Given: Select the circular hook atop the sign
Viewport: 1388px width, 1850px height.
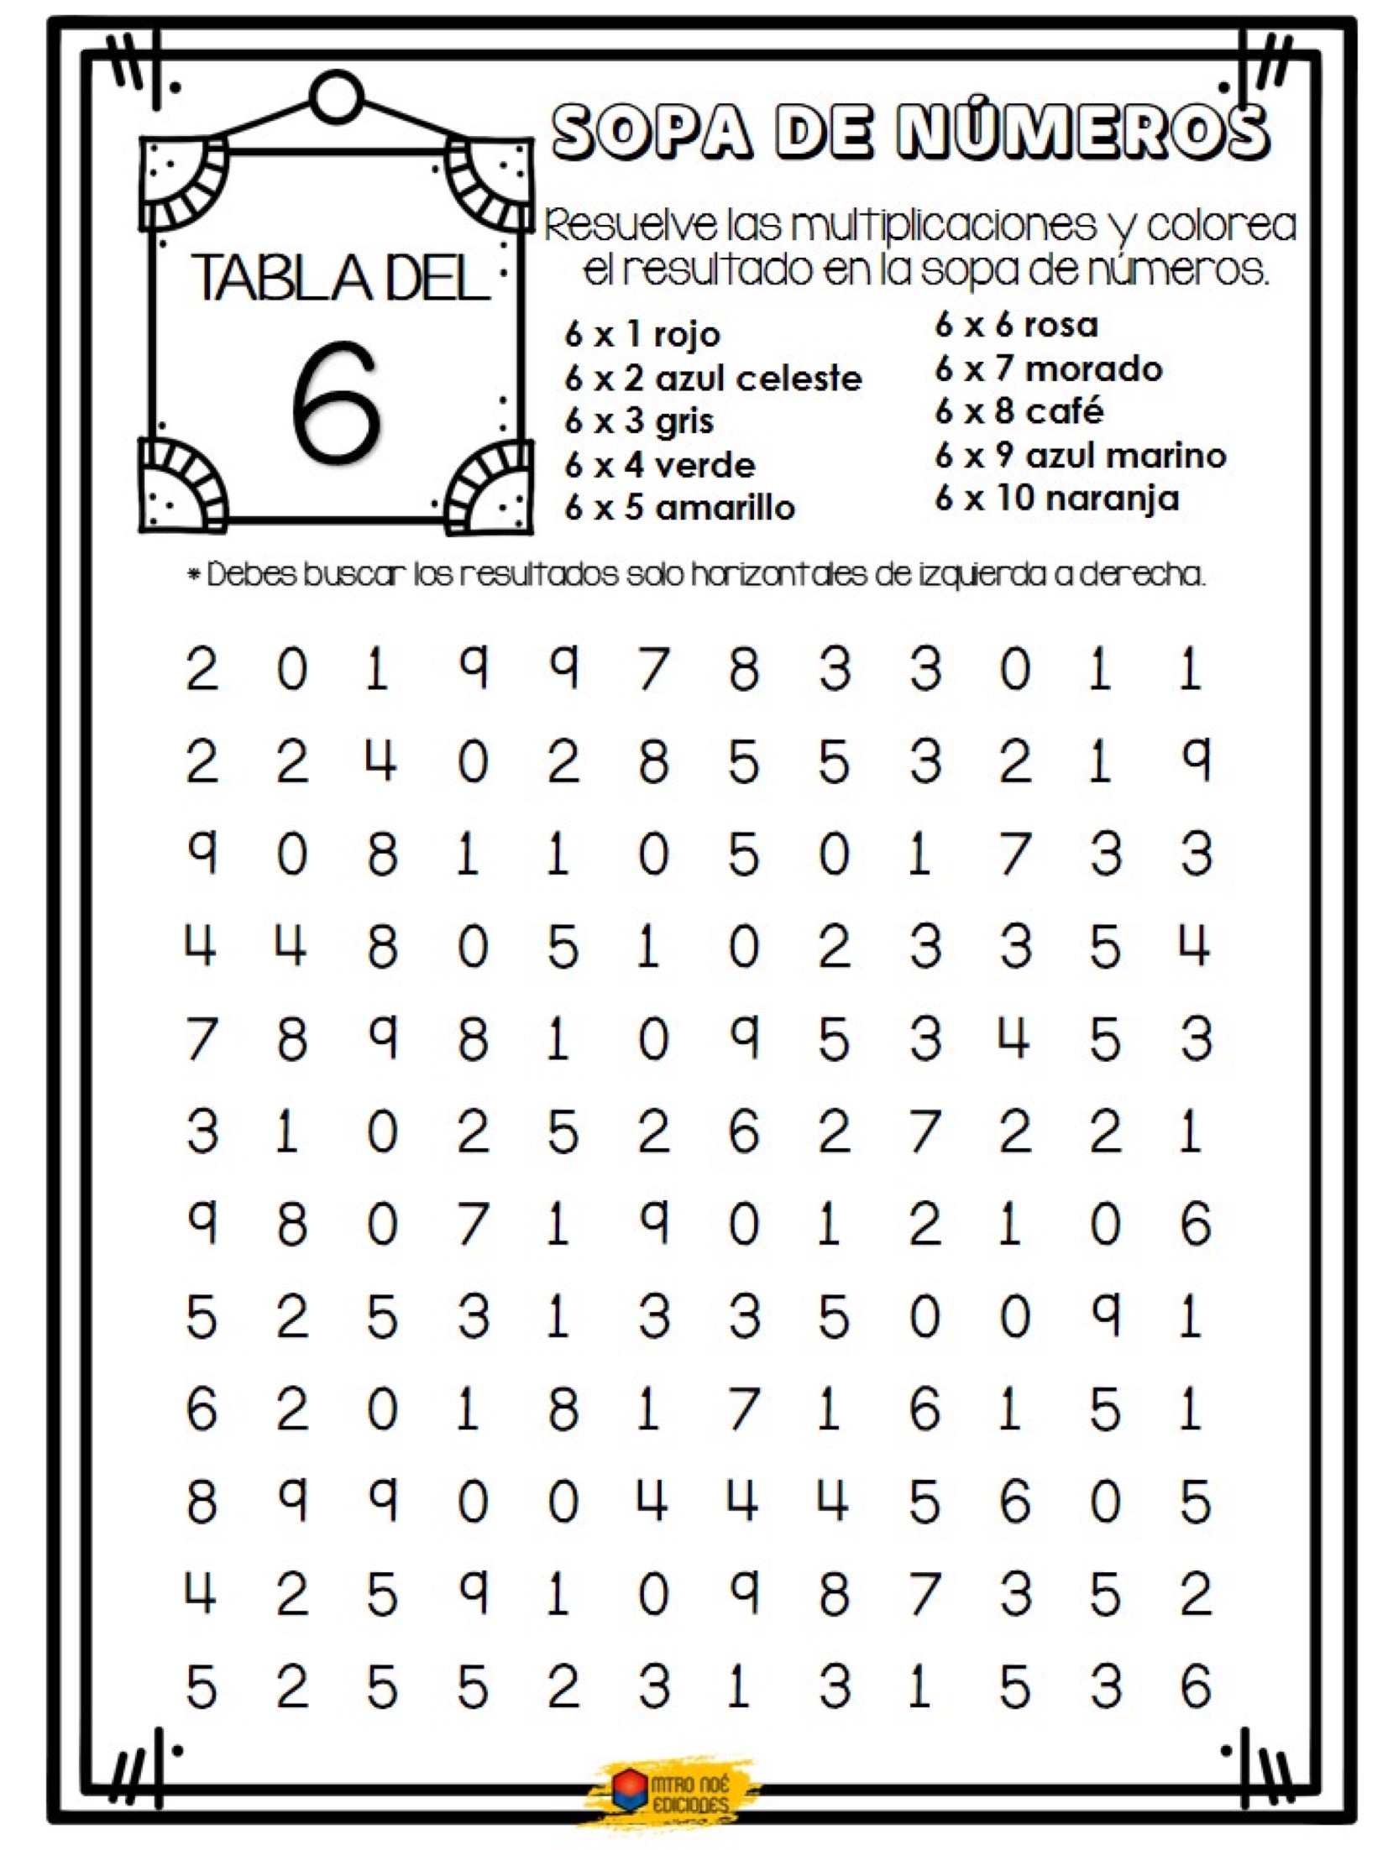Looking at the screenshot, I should point(337,97).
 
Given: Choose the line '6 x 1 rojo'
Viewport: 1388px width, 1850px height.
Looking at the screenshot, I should point(642,334).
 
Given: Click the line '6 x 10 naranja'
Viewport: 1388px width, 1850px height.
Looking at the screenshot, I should point(1056,499).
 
